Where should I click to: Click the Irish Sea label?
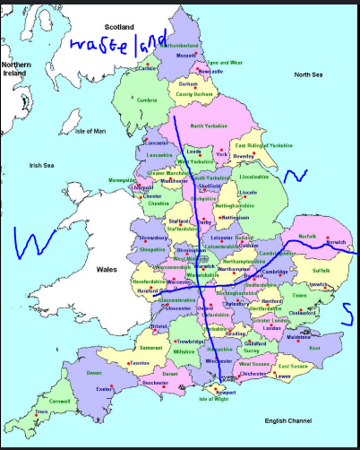pyautogui.click(x=42, y=165)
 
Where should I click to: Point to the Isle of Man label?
pyautogui.click(x=90, y=131)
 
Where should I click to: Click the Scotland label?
pyautogui.click(x=119, y=27)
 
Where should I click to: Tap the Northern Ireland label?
pyautogui.click(x=18, y=70)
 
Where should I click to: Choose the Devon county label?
pyautogui.click(x=94, y=372)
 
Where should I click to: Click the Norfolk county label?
pyautogui.click(x=307, y=236)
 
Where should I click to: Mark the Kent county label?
pyautogui.click(x=313, y=347)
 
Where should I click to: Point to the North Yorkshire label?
pyautogui.click(x=210, y=126)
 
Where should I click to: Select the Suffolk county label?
pyautogui.click(x=321, y=269)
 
